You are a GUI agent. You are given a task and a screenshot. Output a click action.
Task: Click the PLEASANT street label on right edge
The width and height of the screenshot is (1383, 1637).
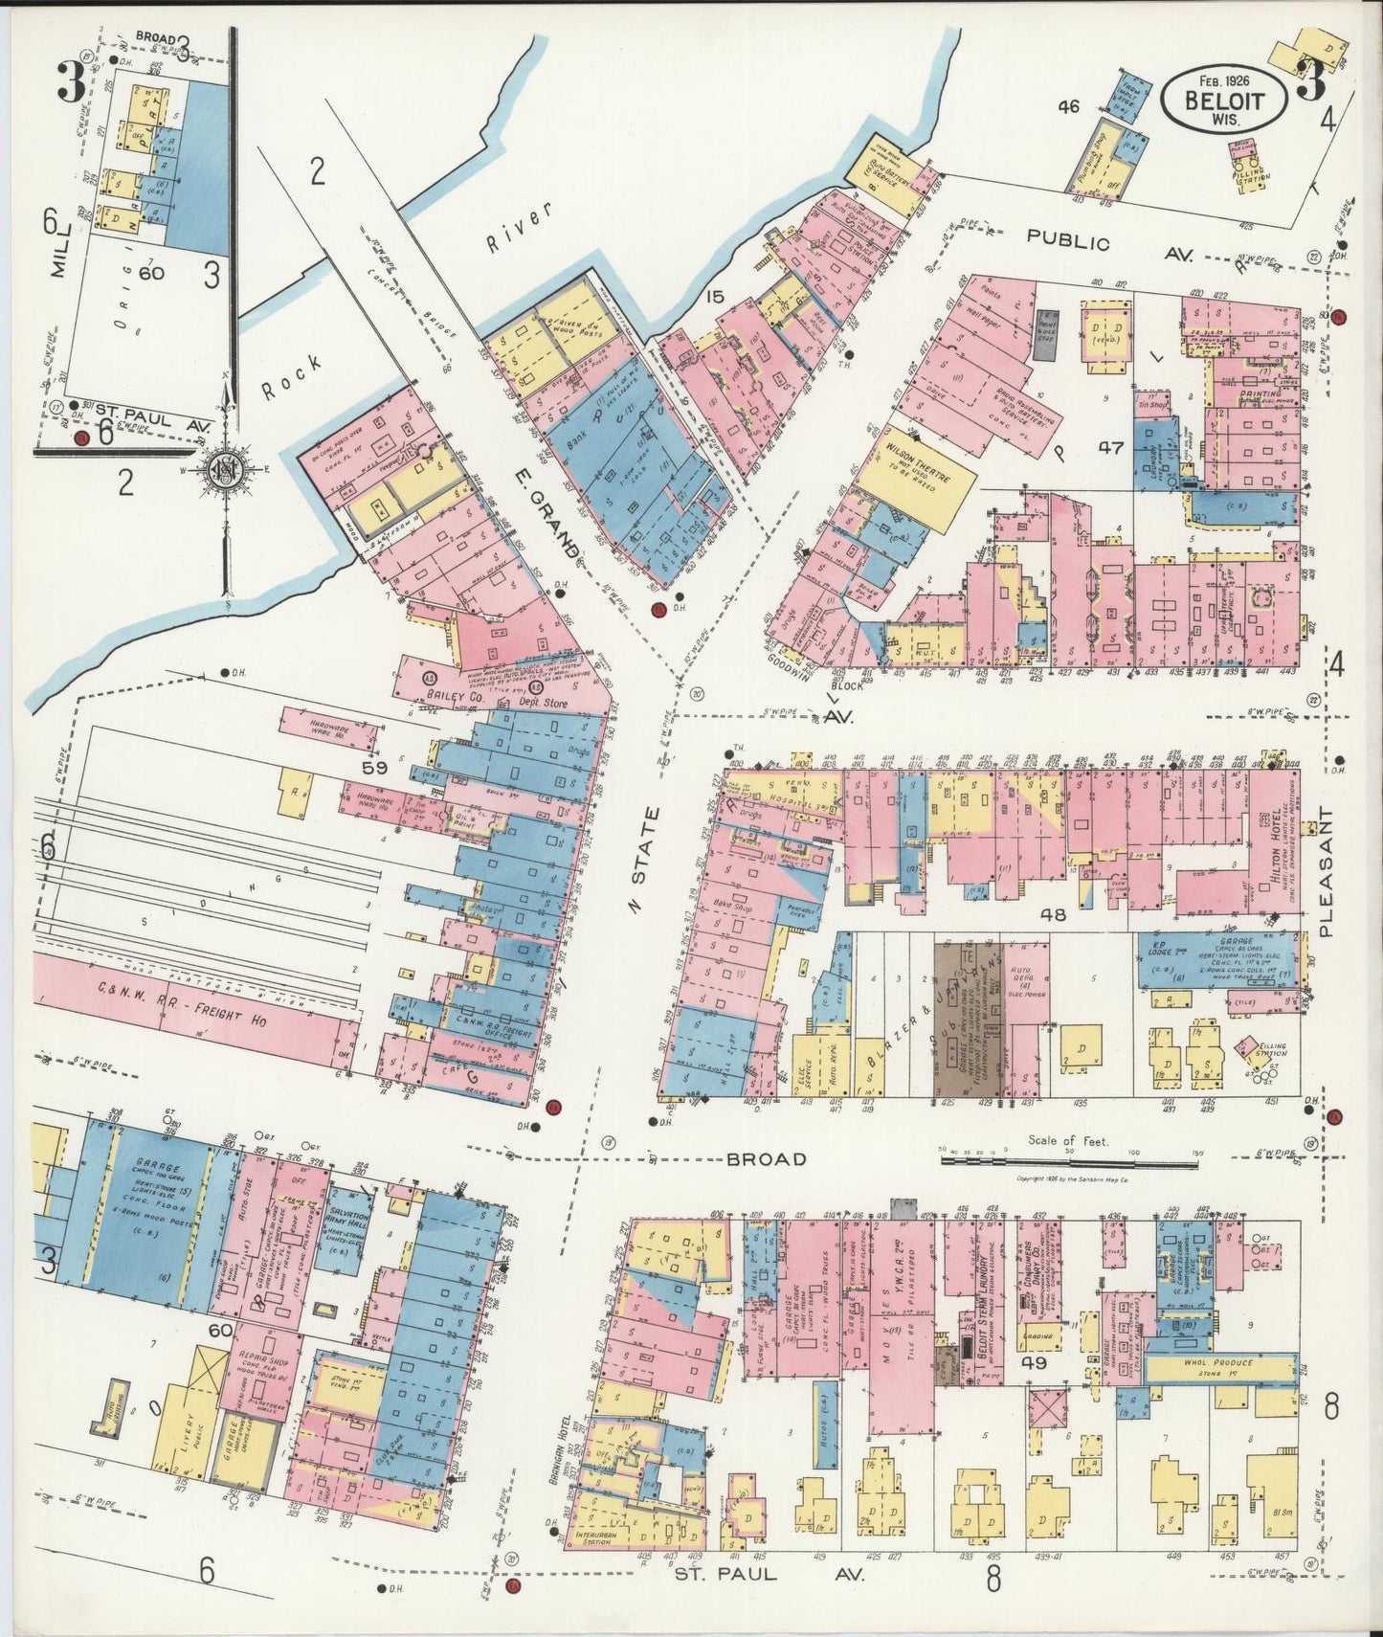(1325, 870)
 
